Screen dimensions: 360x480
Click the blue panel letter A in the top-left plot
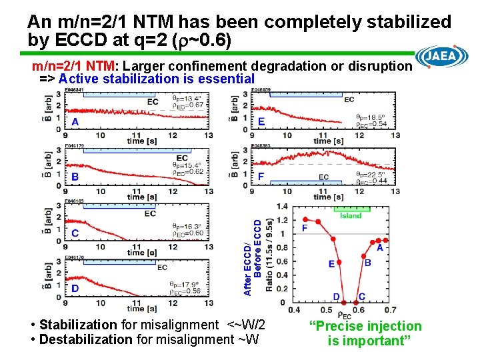coord(75,122)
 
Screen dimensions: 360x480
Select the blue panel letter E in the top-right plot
coord(261,122)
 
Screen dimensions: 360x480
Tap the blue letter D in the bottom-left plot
coord(75,288)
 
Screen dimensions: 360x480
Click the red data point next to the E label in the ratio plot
coord(339,264)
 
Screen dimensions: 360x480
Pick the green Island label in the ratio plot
coord(351,215)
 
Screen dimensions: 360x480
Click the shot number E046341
coord(74,90)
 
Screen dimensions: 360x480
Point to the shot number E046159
coord(261,90)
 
